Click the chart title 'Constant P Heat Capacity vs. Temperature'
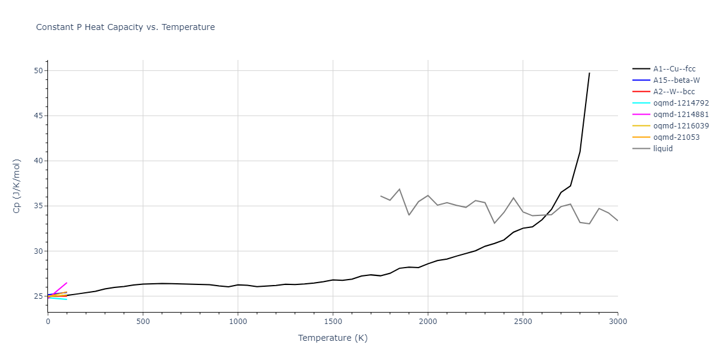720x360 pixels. [125, 27]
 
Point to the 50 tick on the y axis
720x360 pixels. [38, 71]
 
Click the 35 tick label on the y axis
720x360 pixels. [38, 206]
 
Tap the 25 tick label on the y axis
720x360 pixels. [38, 296]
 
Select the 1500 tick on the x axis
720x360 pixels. [333, 322]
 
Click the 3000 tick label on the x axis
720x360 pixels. [617, 322]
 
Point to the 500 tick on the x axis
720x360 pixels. [143, 322]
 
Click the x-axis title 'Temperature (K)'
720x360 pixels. [333, 338]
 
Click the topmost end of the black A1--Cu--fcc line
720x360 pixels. [589, 73]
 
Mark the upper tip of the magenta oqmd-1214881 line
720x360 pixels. [67, 283]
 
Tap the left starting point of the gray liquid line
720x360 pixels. [380, 196]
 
